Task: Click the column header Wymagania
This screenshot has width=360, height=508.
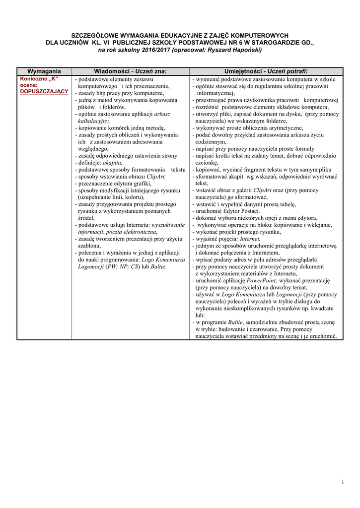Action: (x=44, y=71)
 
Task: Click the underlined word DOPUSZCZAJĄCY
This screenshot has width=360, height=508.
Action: (x=44, y=92)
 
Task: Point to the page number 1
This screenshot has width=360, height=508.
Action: (x=343, y=482)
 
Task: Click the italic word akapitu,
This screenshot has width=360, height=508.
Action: (x=112, y=162)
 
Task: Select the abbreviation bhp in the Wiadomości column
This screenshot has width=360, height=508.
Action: (x=100, y=93)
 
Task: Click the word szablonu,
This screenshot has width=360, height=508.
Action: (x=89, y=246)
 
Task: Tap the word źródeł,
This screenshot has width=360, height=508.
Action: (x=85, y=218)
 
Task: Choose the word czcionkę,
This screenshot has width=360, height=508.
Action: (x=207, y=162)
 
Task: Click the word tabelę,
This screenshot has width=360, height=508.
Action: (x=284, y=204)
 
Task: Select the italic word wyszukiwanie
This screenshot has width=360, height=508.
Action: (x=168, y=225)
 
